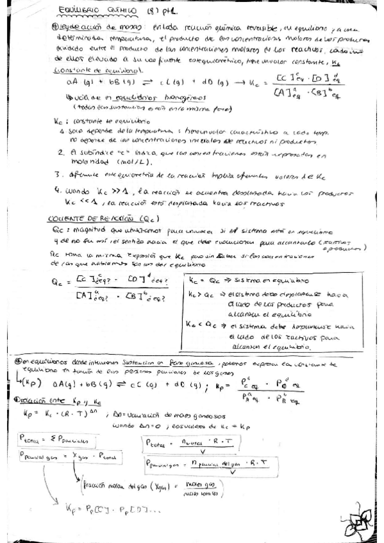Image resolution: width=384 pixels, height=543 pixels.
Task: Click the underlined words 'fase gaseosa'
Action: point(199,362)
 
